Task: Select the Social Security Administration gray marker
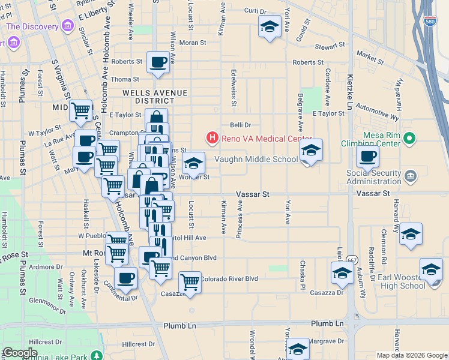tap(410, 176)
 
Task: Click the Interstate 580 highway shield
tap(429, 22)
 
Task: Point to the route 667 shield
tap(352, 259)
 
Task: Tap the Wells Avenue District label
tap(155, 97)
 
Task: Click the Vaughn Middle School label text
tap(256, 159)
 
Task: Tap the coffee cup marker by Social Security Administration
tap(367, 157)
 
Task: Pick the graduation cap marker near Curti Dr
tap(270, 26)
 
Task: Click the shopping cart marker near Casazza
tap(190, 281)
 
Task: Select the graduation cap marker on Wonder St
tap(193, 163)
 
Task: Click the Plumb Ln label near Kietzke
tap(327, 323)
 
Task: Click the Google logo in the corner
tap(20, 352)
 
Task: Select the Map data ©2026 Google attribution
tap(411, 355)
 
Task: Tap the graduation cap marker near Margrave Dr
tap(298, 349)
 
